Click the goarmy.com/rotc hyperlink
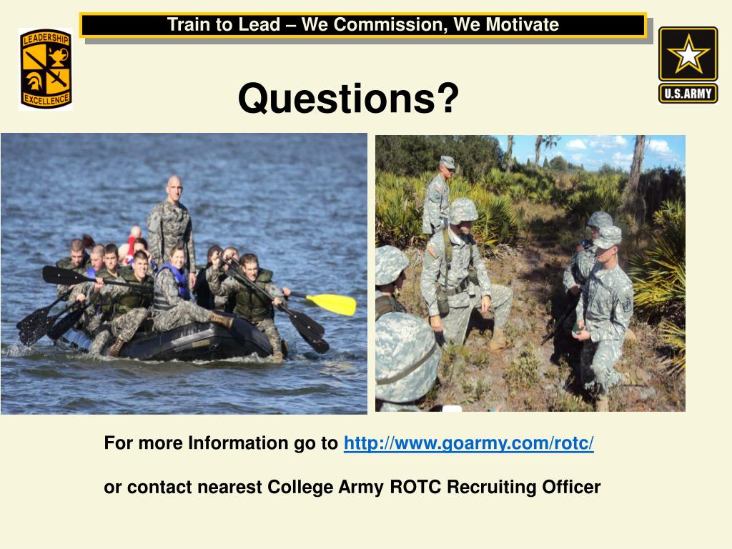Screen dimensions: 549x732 468,443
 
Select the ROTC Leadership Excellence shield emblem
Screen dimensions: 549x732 45,69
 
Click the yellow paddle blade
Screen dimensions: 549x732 333,303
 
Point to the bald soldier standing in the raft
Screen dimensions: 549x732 172,222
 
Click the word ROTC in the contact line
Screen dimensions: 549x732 417,488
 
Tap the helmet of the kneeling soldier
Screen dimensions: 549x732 463,210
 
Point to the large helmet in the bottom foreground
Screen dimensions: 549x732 407,355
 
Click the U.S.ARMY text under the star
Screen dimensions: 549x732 688,94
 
